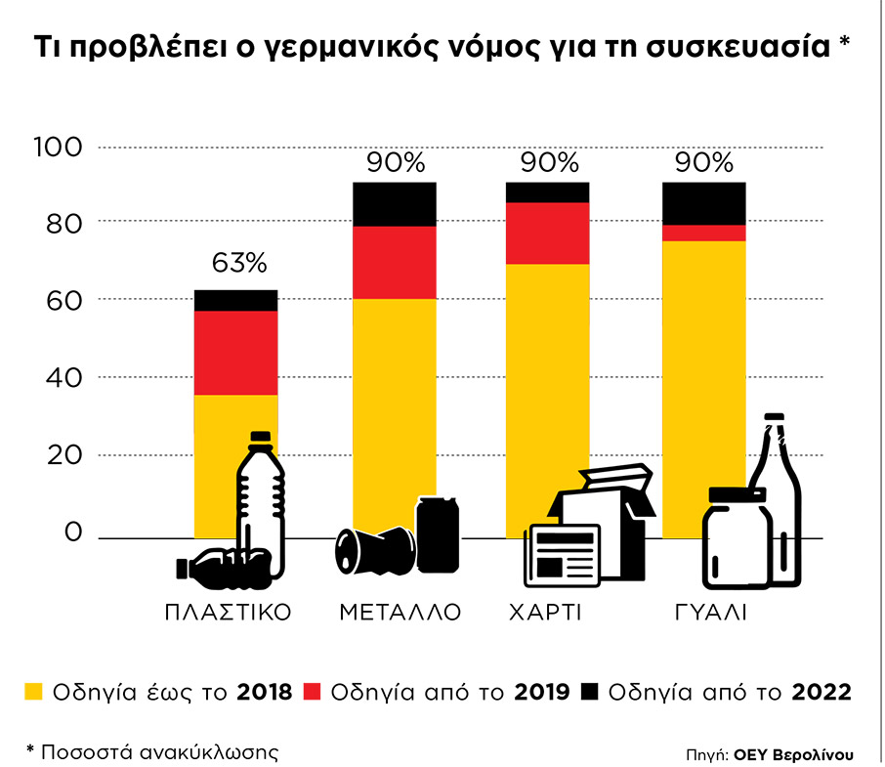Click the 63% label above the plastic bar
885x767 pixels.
pyautogui.click(x=238, y=264)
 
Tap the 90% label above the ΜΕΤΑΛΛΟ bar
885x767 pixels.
pyautogui.click(x=394, y=162)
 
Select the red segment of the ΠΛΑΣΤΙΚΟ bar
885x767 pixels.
pyautogui.click(x=235, y=352)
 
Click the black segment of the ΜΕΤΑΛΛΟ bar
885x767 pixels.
pyautogui.click(x=394, y=204)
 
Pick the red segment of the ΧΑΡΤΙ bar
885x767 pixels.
pyautogui.click(x=547, y=233)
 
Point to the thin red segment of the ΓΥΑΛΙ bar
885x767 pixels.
pyautogui.click(x=703, y=233)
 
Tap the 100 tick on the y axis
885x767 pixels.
pyautogui.click(x=61, y=148)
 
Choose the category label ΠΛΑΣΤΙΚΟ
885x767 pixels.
pyautogui.click(x=229, y=614)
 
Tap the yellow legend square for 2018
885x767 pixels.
pyautogui.click(x=34, y=692)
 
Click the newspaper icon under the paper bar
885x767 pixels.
pyautogui.click(x=564, y=555)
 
